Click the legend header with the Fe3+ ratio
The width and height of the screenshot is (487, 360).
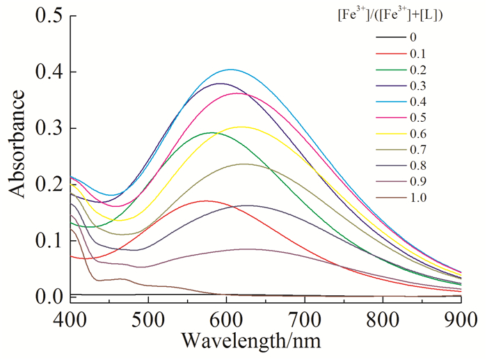point(403,15)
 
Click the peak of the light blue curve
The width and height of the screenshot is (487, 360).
point(231,70)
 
